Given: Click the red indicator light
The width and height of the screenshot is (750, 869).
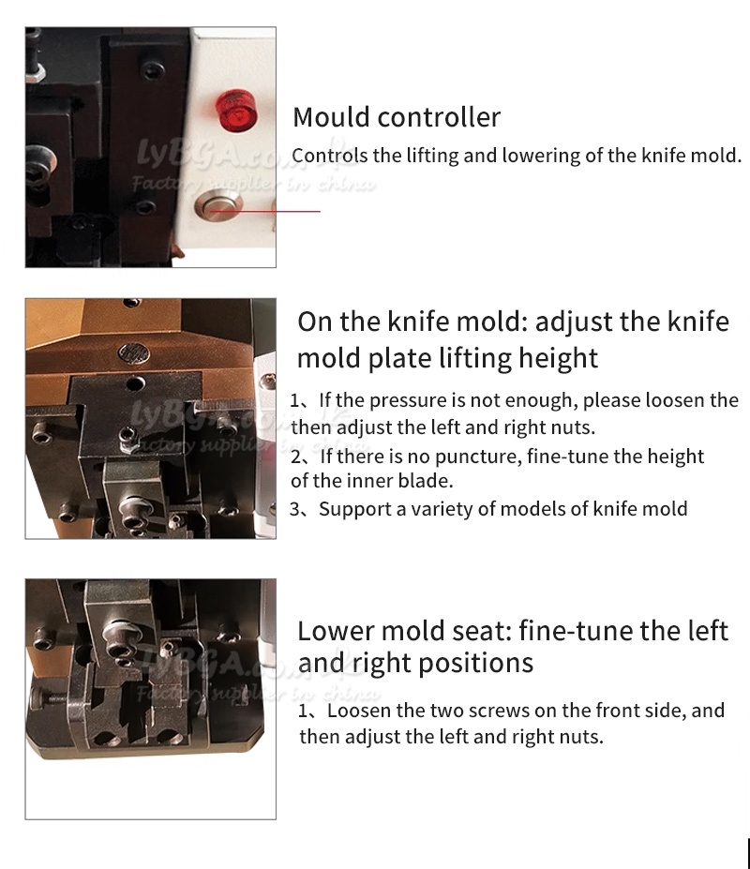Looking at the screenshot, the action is point(236,111).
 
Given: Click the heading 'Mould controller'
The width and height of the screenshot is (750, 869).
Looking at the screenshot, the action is point(397,117).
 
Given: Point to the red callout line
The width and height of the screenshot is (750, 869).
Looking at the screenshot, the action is point(264,211).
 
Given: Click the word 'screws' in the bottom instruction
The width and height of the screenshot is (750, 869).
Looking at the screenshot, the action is point(502,711).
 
